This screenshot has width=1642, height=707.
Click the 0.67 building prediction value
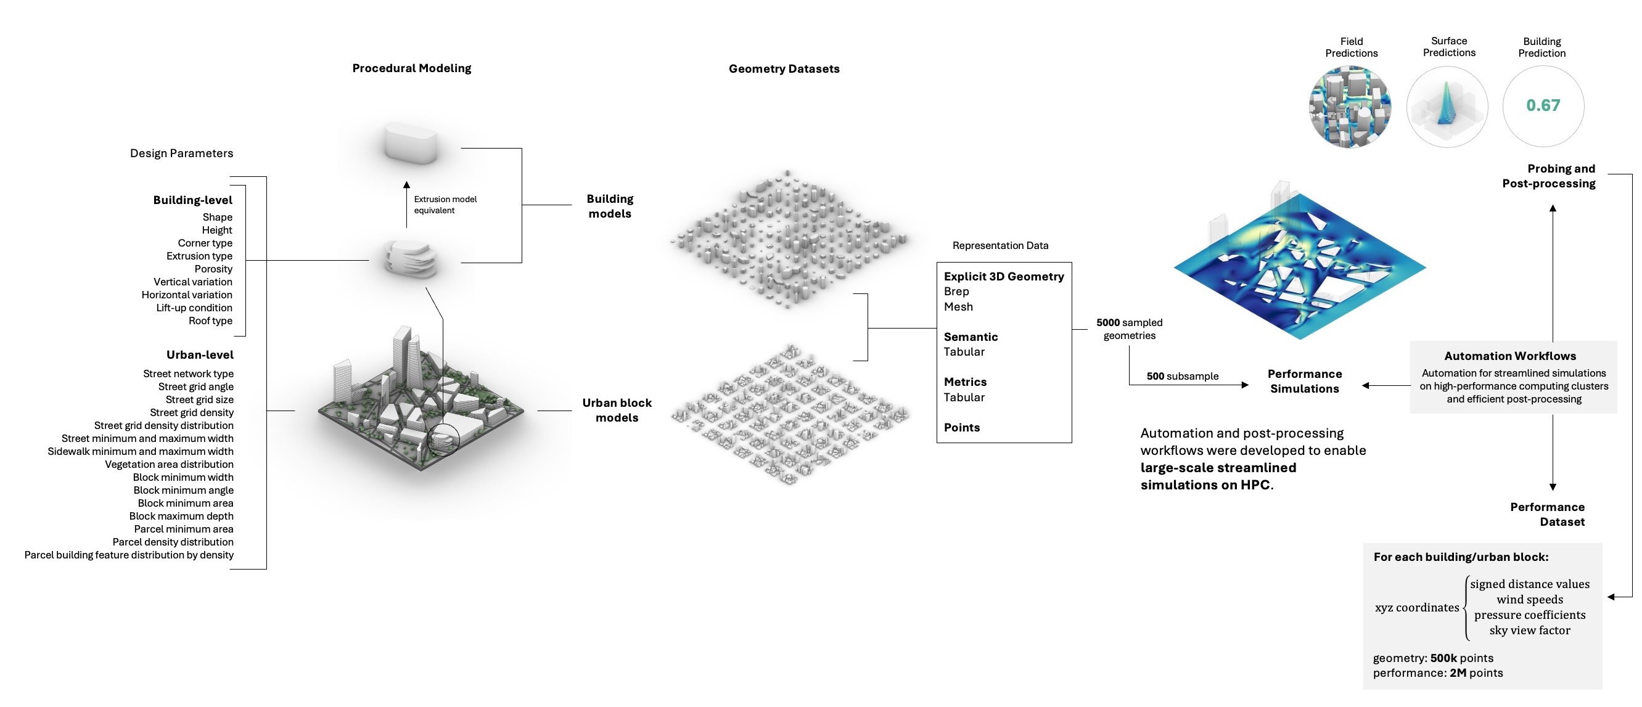pyautogui.click(x=1543, y=106)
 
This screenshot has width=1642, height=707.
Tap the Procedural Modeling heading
pyautogui.click(x=412, y=68)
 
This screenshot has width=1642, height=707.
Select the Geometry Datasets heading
pyautogui.click(x=784, y=69)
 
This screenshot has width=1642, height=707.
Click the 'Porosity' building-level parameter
pyautogui.click(x=213, y=269)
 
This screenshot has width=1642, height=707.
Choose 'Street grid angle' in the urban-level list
pyautogui.click(x=195, y=386)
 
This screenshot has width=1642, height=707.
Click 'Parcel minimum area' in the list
pyautogui.click(x=184, y=529)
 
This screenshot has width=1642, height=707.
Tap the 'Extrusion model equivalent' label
pyautogui.click(x=445, y=205)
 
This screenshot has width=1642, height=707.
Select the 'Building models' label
pyautogui.click(x=610, y=206)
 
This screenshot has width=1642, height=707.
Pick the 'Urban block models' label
pyautogui.click(x=617, y=410)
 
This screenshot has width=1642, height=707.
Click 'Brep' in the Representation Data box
pyautogui.click(x=956, y=291)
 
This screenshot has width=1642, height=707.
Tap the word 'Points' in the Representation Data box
pyautogui.click(x=961, y=427)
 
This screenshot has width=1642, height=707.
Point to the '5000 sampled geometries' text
pyautogui.click(x=1129, y=329)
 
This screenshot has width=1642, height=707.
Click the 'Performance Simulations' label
pyautogui.click(x=1304, y=381)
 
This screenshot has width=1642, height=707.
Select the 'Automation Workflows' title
pyautogui.click(x=1509, y=356)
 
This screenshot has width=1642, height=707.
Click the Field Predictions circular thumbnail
pyautogui.click(x=1350, y=107)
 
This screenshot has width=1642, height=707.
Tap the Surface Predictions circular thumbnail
pyautogui.click(x=1447, y=107)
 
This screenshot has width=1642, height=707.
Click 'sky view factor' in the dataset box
pyautogui.click(x=1529, y=630)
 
